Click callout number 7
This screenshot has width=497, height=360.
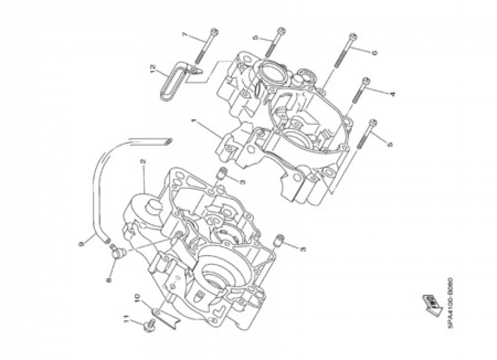[x=185, y=35]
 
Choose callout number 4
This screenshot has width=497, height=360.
[x=392, y=93]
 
